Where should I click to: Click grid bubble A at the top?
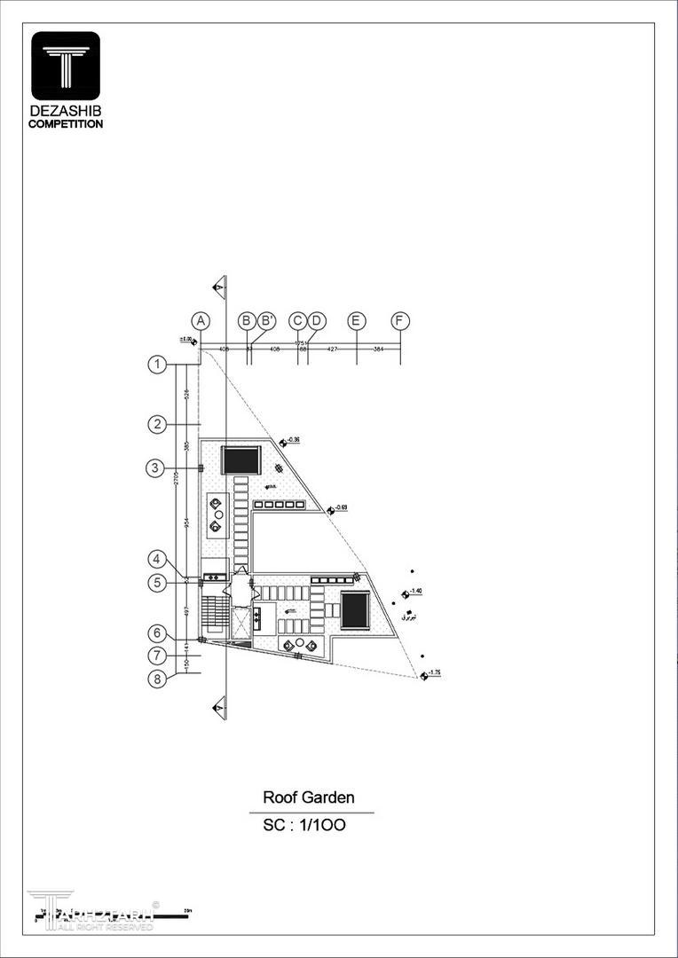click(x=201, y=321)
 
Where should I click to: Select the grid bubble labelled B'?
click(x=267, y=321)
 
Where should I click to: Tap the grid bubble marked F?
click(x=401, y=321)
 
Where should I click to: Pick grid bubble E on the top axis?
click(x=357, y=321)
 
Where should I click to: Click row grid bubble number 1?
click(x=158, y=364)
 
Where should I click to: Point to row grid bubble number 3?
click(x=154, y=468)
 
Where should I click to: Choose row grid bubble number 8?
click(x=158, y=680)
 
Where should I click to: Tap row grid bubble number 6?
click(x=158, y=633)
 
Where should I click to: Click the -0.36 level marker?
click(x=290, y=441)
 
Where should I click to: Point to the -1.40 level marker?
click(x=413, y=592)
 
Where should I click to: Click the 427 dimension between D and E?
click(x=332, y=349)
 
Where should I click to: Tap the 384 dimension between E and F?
click(x=379, y=349)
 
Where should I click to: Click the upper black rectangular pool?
click(x=240, y=461)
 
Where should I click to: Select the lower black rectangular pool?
click(x=355, y=611)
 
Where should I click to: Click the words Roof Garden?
click(x=308, y=797)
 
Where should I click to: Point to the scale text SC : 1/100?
click(x=304, y=825)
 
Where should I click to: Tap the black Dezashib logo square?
click(x=66, y=66)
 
